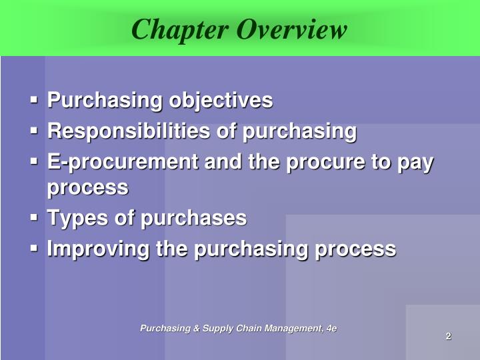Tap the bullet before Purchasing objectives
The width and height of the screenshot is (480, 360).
coord(34,101)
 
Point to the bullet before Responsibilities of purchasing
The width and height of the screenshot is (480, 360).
coord(34,131)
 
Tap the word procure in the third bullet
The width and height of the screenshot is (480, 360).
coord(323,162)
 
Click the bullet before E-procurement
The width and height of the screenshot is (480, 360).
coord(34,162)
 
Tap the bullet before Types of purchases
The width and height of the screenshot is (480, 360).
coord(34,218)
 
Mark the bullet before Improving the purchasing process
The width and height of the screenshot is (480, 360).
coord(34,249)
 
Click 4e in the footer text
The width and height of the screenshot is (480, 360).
coord(331,328)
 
